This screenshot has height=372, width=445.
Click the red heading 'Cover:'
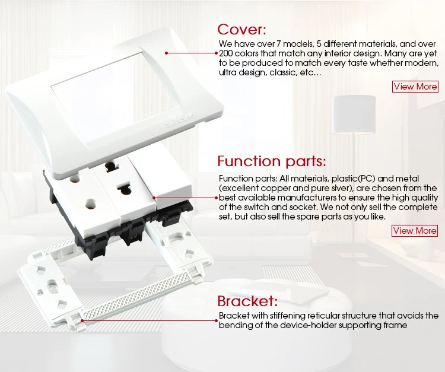coord(242,29)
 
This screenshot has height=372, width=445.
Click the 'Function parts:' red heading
coord(272,161)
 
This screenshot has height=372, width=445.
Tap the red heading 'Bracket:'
coord(247,301)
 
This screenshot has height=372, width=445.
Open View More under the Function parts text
coord(415,231)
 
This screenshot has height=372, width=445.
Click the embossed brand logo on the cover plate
coord(180,120)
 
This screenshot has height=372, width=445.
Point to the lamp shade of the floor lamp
coord(354,115)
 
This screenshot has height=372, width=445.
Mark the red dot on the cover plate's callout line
coord(167,53)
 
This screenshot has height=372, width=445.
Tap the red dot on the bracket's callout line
coord(82,320)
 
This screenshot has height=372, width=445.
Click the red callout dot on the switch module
coord(154,198)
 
